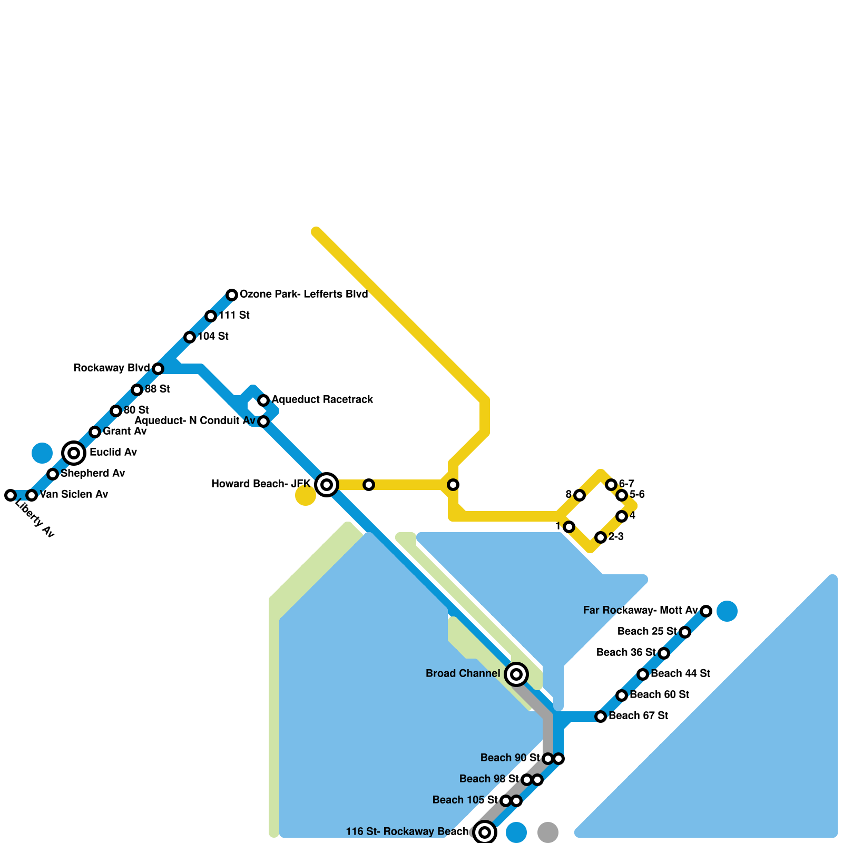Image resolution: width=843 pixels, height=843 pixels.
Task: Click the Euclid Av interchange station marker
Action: (74, 453)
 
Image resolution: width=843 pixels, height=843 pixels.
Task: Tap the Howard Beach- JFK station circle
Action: (327, 484)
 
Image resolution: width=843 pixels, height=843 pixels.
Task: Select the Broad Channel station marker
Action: (516, 674)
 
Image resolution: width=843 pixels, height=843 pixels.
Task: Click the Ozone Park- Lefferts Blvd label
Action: (303, 294)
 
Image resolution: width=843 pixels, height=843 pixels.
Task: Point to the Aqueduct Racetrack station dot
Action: (263, 400)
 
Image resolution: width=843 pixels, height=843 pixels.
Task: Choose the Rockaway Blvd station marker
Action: (158, 368)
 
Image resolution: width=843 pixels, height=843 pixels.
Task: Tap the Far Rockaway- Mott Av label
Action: (640, 610)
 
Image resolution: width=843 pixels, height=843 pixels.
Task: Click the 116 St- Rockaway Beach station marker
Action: (485, 832)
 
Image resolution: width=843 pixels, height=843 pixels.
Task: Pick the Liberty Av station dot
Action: (11, 495)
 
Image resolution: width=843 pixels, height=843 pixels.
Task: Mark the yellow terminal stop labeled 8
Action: (580, 495)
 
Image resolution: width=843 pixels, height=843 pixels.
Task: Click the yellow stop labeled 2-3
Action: (601, 537)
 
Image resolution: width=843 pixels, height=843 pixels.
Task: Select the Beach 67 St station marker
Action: (601, 716)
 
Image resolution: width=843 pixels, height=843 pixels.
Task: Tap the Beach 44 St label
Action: (680, 673)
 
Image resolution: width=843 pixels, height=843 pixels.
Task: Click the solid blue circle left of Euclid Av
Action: (42, 453)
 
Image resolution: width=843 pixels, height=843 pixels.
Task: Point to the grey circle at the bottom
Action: (548, 832)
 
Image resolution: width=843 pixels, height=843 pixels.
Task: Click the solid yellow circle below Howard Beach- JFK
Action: (306, 495)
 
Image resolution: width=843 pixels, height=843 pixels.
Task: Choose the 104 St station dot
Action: (190, 337)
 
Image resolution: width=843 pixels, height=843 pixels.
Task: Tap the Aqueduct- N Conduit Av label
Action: (195, 420)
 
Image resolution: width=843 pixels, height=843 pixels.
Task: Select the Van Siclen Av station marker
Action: (32, 495)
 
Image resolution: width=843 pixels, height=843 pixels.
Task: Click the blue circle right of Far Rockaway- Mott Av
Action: (727, 611)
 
